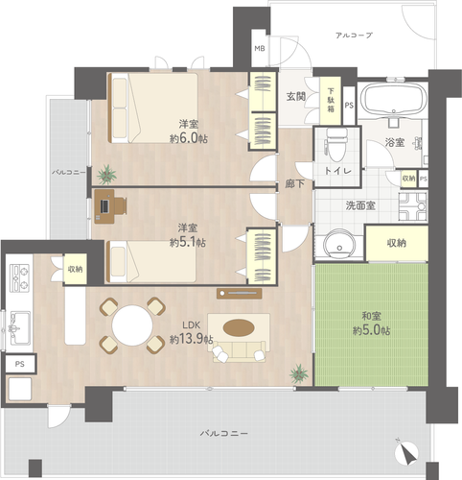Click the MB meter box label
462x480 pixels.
click(260, 49)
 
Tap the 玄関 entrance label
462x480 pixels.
click(296, 96)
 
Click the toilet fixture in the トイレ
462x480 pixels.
click(335, 146)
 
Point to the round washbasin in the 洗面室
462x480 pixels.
click(339, 244)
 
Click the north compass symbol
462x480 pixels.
click(406, 452)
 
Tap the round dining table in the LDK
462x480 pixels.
click(132, 325)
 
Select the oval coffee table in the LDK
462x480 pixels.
click(239, 328)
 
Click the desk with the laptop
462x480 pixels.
click(104, 206)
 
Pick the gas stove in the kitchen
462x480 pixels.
click(20, 277)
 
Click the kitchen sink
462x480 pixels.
click(20, 328)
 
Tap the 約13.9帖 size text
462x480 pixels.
click(191, 339)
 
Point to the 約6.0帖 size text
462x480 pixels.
click(189, 138)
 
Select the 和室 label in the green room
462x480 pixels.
click(371, 316)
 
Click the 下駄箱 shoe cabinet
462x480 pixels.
click(331, 101)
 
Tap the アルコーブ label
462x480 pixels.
click(354, 36)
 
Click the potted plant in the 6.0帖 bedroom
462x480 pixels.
click(106, 175)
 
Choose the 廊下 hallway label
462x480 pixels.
click(294, 184)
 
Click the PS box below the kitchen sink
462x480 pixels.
click(20, 364)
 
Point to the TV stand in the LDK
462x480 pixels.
click(240, 293)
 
